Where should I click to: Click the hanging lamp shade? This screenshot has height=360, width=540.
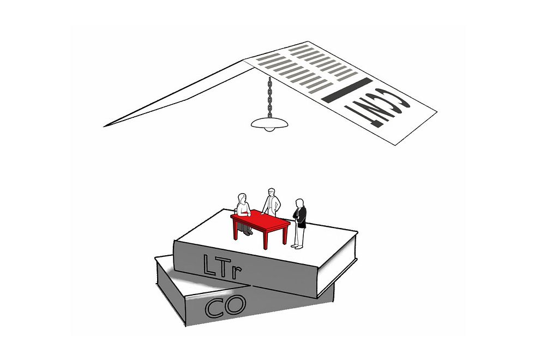pos(269,122)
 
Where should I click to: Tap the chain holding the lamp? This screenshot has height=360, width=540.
pos(269,97)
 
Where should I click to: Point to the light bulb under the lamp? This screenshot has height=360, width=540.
pos(269,129)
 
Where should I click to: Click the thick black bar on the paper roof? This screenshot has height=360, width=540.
pos(347,90)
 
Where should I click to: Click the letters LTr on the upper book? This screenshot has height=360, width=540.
pos(222,266)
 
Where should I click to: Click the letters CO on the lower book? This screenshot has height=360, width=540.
pos(226,306)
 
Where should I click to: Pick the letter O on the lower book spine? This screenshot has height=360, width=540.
pos(236,304)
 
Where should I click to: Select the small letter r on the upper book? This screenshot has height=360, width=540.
pos(236,272)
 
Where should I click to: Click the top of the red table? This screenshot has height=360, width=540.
pos(260,220)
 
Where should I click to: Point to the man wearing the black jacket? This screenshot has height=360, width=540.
pos(299,223)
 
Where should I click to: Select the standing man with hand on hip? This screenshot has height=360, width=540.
pos(272,202)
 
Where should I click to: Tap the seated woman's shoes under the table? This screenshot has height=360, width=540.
pos(248,233)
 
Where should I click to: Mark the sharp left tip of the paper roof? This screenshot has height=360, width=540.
pos(104,127)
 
